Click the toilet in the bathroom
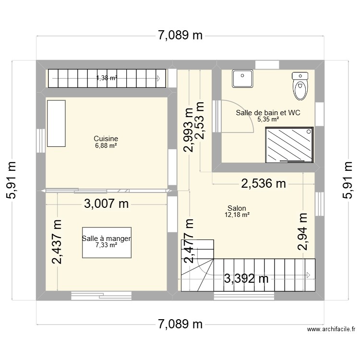[300, 86]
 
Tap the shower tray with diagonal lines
[289, 145]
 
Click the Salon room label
[237, 208]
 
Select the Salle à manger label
[106, 238]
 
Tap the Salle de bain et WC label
[268, 113]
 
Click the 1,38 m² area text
[107, 78]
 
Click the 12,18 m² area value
[237, 215]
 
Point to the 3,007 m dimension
[107, 204]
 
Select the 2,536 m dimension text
[264, 183]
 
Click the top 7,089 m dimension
[180, 36]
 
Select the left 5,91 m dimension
[12, 180]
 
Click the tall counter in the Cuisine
[56, 123]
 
